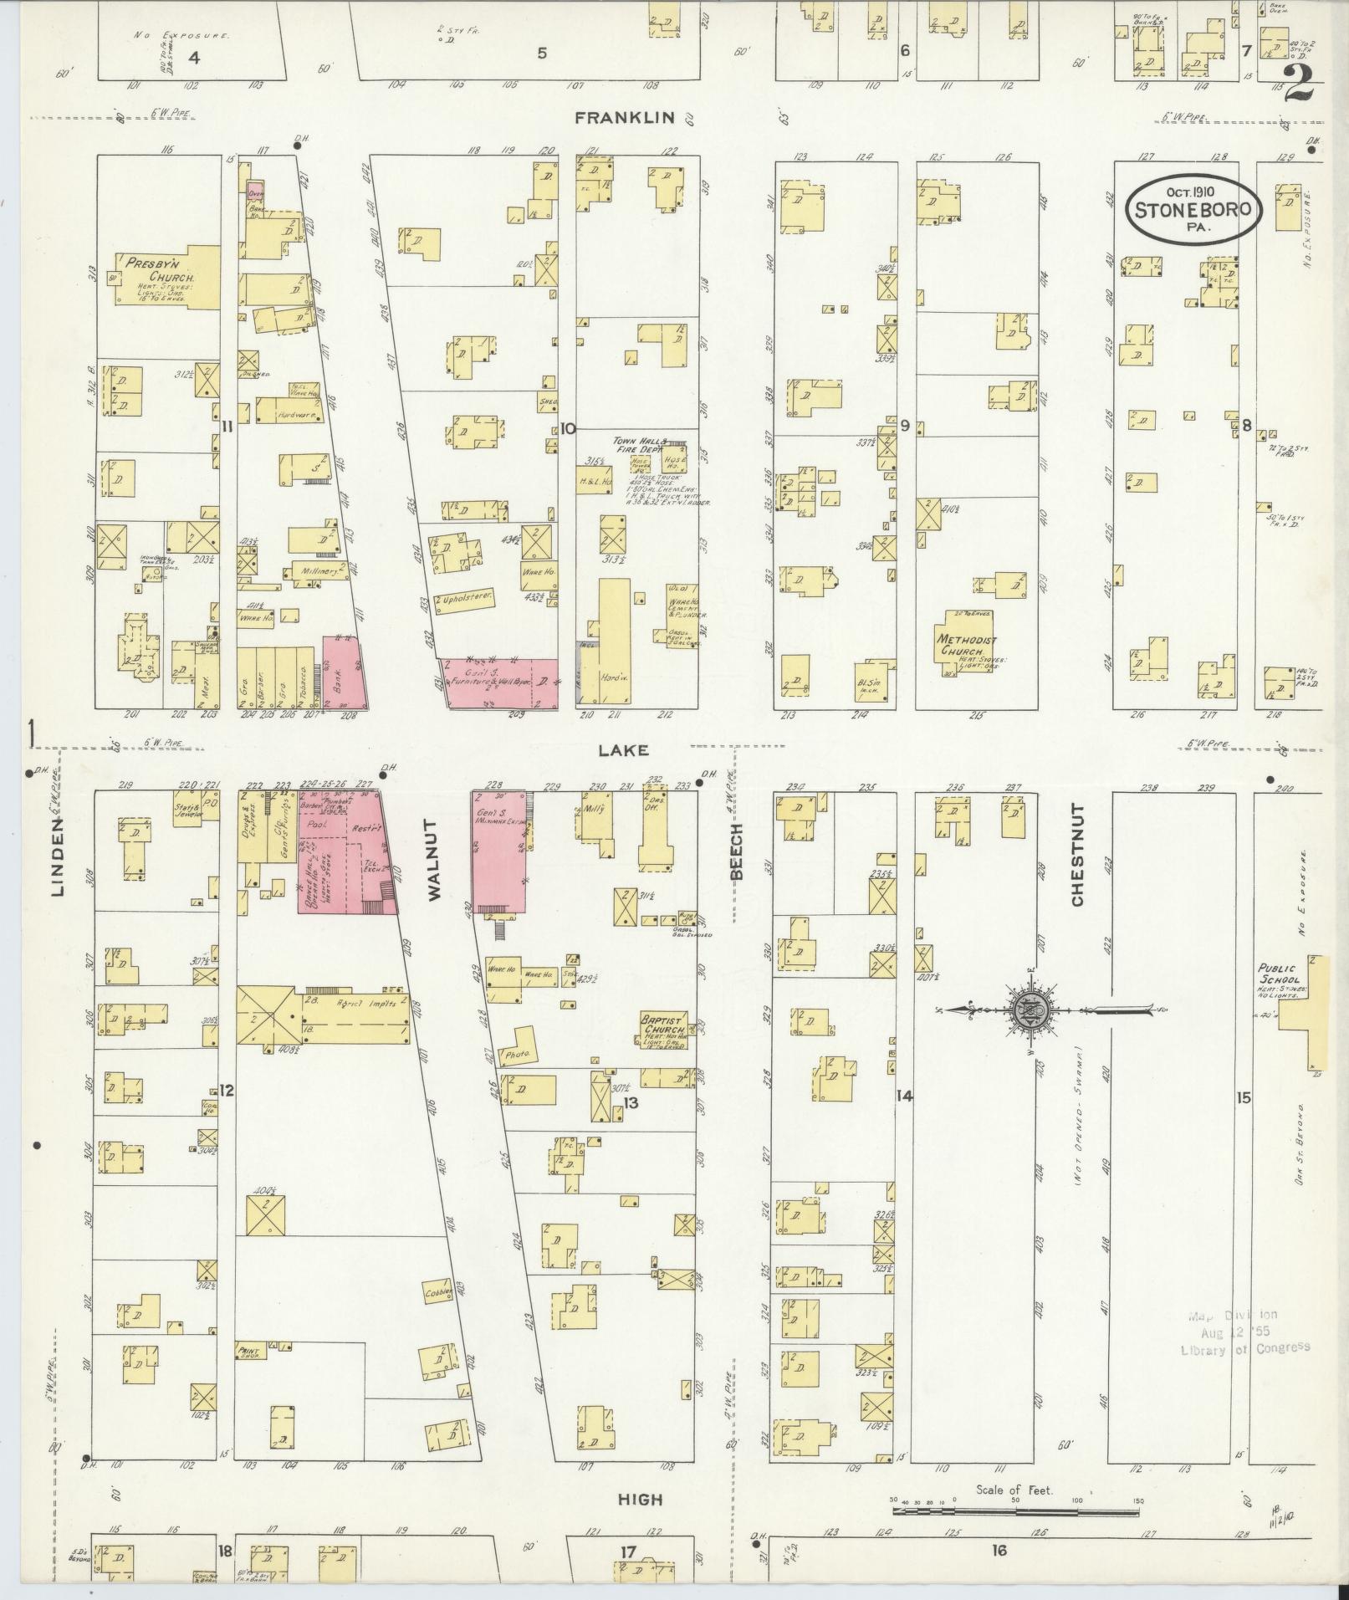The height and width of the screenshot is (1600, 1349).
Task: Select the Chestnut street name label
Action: [x=1076, y=855]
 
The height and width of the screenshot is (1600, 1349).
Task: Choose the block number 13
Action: [x=630, y=1103]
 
